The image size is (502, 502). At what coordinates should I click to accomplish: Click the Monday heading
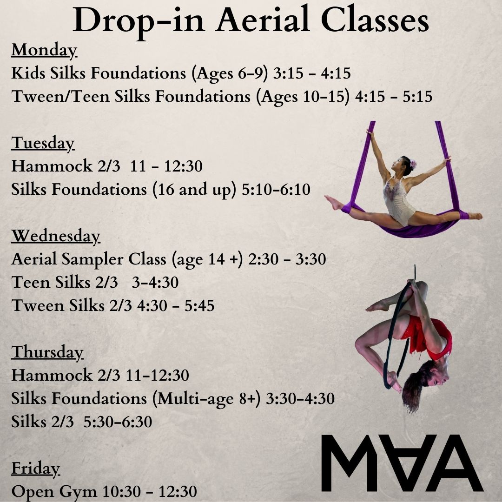tap(44, 50)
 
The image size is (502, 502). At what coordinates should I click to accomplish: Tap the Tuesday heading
tap(43, 143)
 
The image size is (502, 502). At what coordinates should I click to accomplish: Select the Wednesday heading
tap(56, 236)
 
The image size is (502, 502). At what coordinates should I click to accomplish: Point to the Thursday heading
tap(47, 352)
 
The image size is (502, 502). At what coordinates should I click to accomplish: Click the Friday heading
tap(35, 469)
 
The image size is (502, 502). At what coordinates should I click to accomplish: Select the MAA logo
tap(403, 463)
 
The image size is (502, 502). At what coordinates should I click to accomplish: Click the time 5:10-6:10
tap(276, 189)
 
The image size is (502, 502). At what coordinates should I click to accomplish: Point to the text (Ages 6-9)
tap(230, 73)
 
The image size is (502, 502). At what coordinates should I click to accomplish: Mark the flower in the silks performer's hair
tap(413, 165)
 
